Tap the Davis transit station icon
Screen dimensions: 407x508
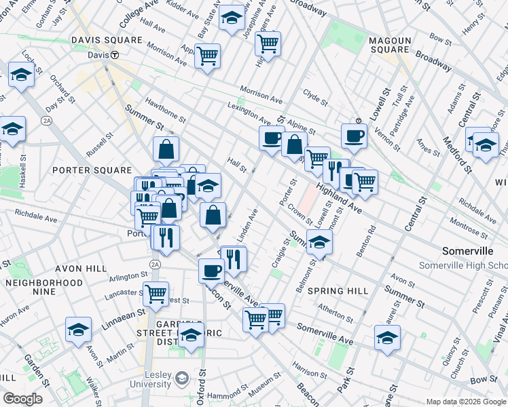coord(115,55)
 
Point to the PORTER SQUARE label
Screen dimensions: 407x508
coord(92,170)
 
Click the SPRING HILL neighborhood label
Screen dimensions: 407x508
coord(338,290)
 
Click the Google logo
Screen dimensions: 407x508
coord(22,399)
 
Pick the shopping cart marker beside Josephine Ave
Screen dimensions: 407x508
coord(268,43)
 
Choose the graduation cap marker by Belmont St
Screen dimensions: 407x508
coord(319,241)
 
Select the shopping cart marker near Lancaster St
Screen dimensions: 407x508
coord(156,294)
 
